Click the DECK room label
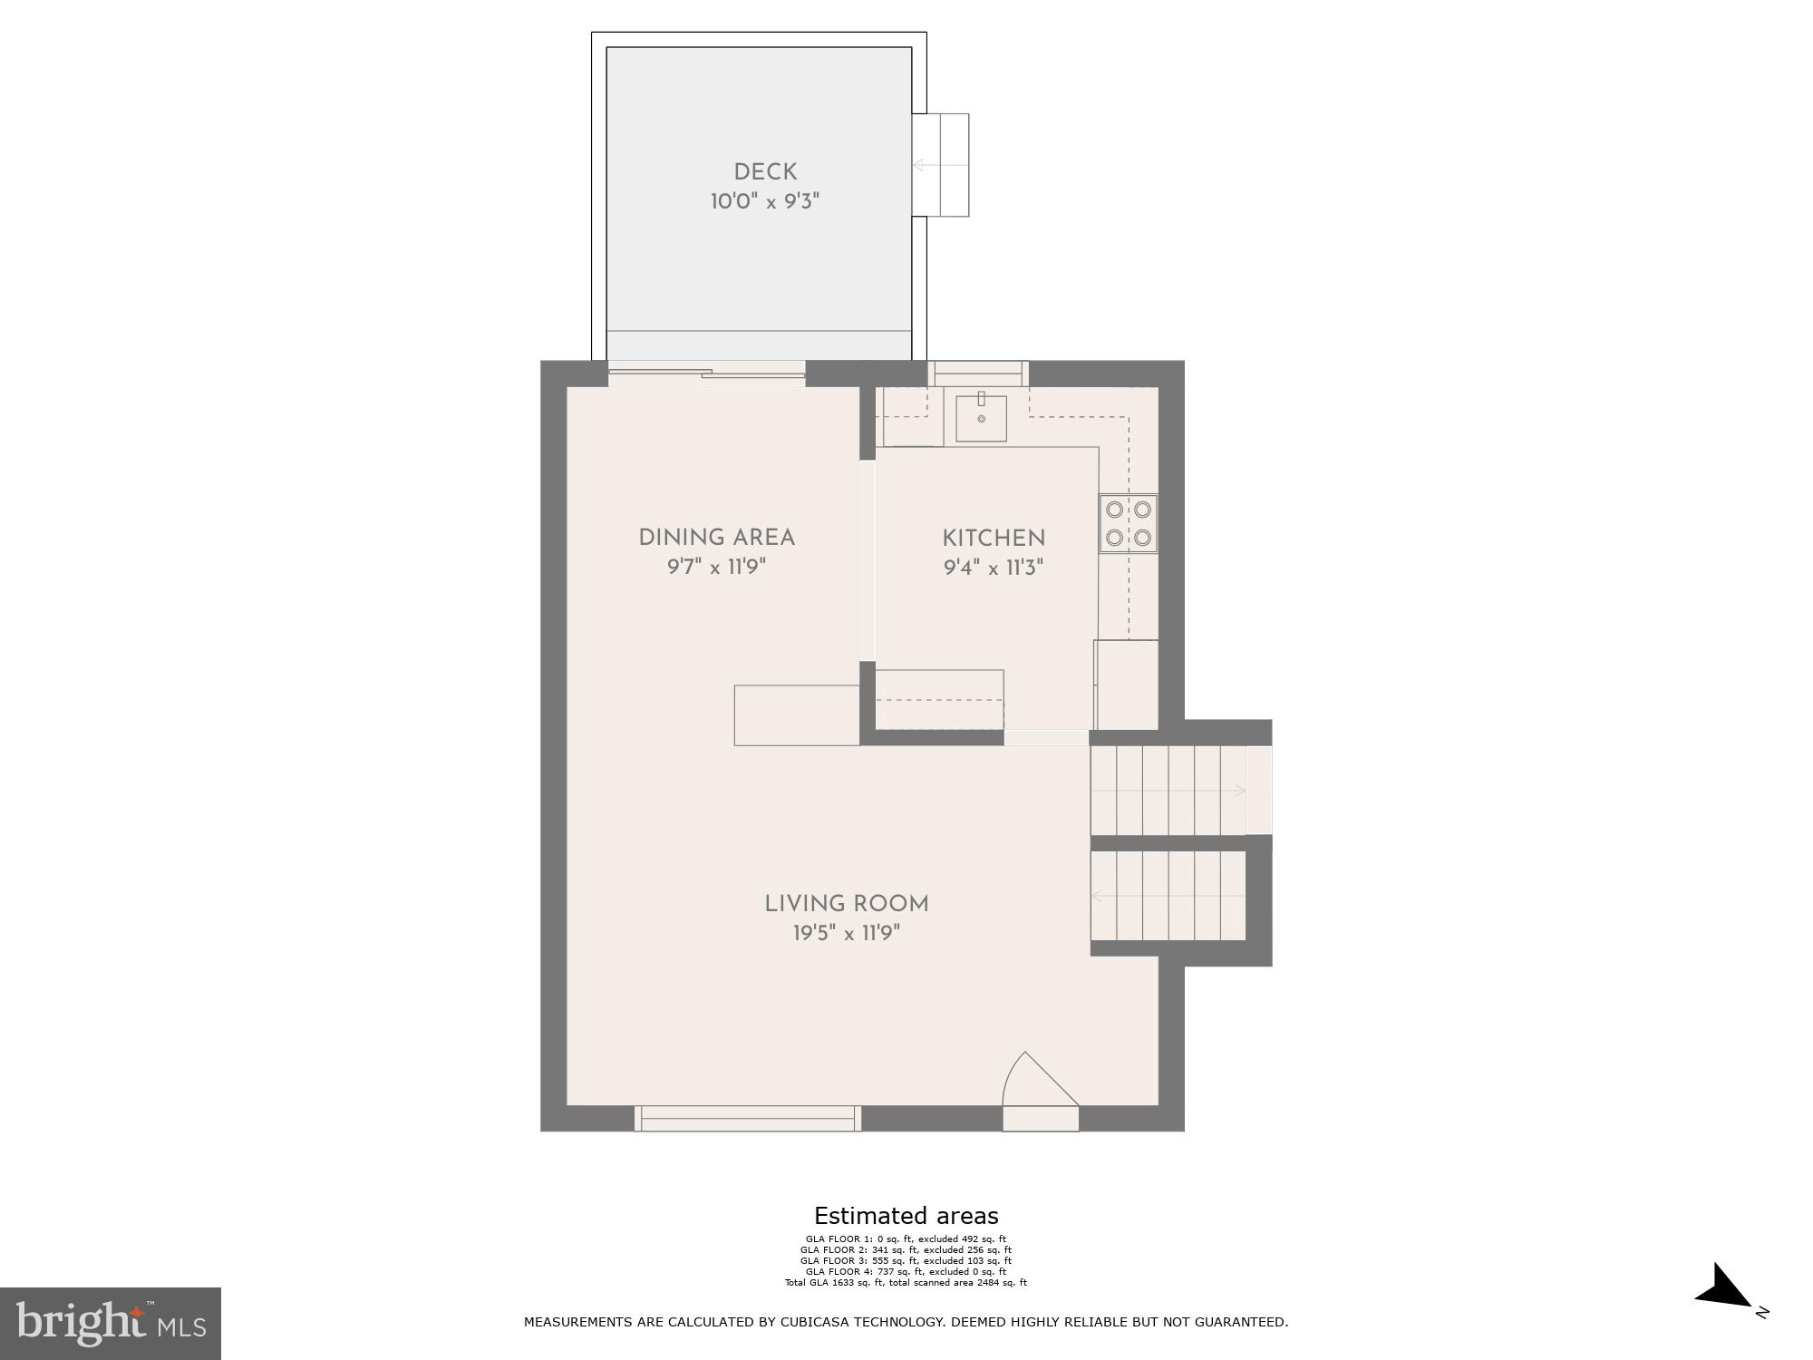click(765, 171)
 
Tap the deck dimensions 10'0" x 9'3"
click(764, 201)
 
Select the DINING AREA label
click(716, 538)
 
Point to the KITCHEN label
click(994, 539)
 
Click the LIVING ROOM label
click(846, 904)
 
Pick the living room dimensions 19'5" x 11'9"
click(846, 933)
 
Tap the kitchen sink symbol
click(981, 418)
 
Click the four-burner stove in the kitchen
click(1128, 523)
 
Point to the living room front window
click(747, 1119)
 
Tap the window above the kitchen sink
click(978, 372)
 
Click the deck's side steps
click(941, 165)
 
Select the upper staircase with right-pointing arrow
click(1169, 791)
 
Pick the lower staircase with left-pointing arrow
click(1168, 896)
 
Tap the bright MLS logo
click(110, 1323)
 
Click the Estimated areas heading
click(906, 1216)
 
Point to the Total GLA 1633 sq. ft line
click(906, 1282)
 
